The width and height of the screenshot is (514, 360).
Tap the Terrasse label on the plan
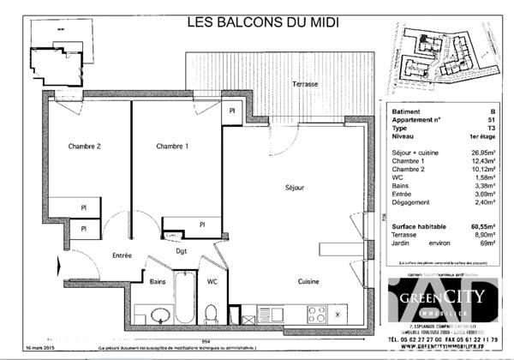(x=305, y=84)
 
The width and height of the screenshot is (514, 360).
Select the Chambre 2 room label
(x=85, y=147)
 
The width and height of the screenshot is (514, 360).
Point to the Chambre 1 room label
(x=172, y=147)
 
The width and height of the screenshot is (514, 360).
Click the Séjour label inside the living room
(x=296, y=187)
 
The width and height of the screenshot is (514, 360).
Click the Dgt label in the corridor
(x=182, y=251)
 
